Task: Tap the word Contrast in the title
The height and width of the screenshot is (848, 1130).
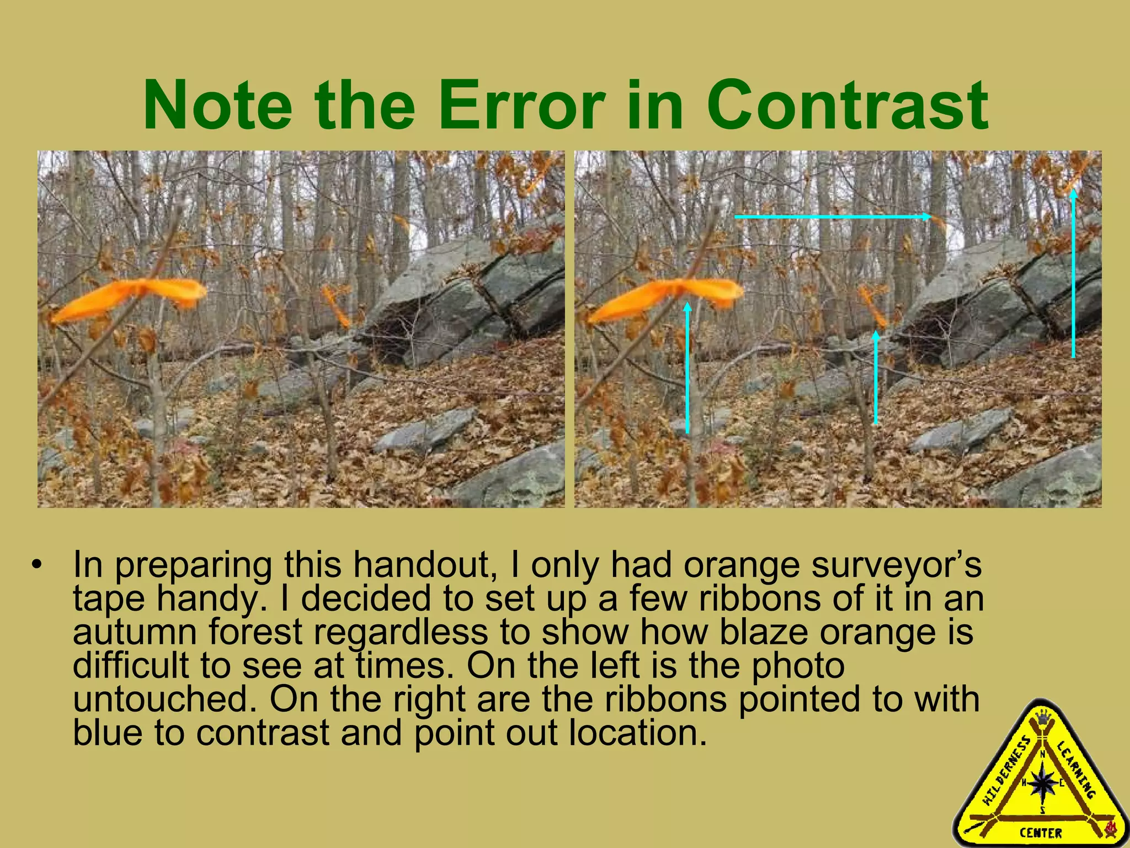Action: click(848, 105)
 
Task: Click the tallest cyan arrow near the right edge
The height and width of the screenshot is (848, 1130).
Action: click(1074, 273)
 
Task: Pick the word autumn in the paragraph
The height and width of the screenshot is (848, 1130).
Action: click(135, 632)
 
